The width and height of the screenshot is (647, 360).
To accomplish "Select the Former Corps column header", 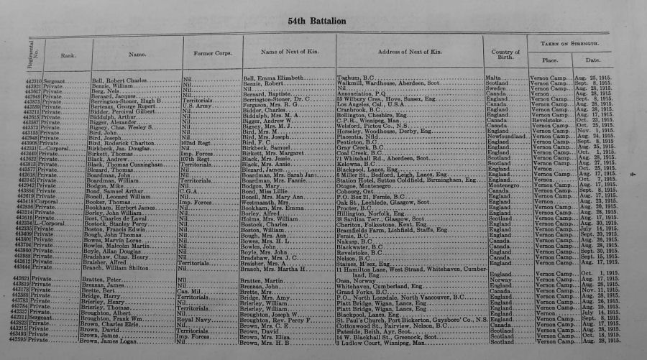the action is coord(206,53).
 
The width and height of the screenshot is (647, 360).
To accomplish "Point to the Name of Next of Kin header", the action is coord(288,52).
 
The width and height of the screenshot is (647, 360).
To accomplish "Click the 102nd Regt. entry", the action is coord(195,143).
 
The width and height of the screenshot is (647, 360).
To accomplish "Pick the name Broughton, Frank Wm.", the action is coord(124,317).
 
